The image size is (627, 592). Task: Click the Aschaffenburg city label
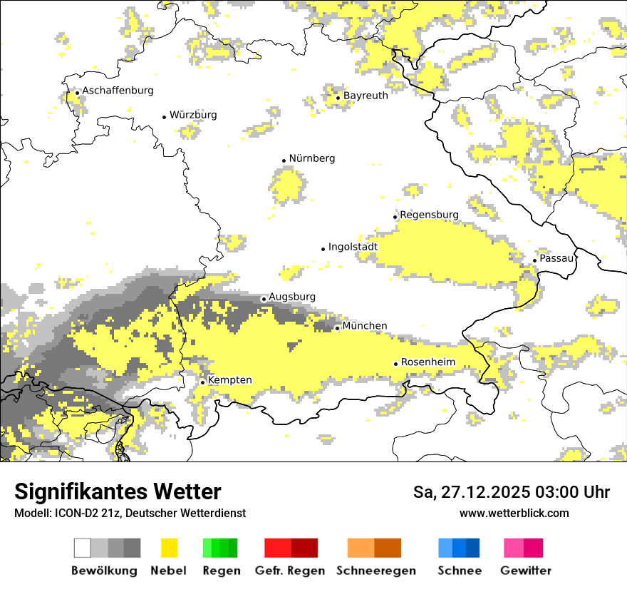[x=118, y=91]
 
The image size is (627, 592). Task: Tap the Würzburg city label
[x=193, y=115]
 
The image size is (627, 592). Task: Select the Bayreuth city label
[x=366, y=96]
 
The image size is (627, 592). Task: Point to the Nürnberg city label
[x=312, y=158]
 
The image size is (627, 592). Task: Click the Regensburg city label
[x=429, y=215]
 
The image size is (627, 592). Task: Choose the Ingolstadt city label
[x=353, y=247]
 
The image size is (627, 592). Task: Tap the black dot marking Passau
[x=534, y=260]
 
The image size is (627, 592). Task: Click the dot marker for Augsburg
[x=264, y=299]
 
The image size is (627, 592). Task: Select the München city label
[x=365, y=326]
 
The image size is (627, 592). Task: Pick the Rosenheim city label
[x=427, y=362]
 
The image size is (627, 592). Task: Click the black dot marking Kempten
[x=202, y=382]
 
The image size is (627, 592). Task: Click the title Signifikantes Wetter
[x=118, y=492]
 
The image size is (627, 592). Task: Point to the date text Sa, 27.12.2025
[x=478, y=492]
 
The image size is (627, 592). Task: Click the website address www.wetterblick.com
[x=514, y=514]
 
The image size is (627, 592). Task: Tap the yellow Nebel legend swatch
[x=169, y=548]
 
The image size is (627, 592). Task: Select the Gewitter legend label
[x=526, y=571]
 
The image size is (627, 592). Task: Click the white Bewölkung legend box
[x=83, y=548]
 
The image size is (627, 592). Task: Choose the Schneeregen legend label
[x=376, y=571]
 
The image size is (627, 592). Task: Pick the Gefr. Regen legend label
[x=290, y=571]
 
